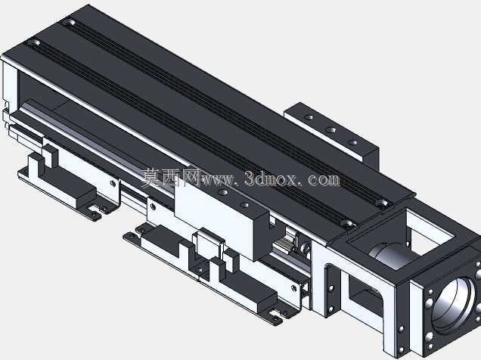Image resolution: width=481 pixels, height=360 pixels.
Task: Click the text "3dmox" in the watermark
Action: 272,178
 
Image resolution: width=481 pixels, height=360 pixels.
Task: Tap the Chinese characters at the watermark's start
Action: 171,178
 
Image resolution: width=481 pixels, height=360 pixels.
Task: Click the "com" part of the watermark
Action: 324,179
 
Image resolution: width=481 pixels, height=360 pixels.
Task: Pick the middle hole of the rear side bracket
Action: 330,130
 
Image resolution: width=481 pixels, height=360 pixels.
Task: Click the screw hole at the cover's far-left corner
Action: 70,23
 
